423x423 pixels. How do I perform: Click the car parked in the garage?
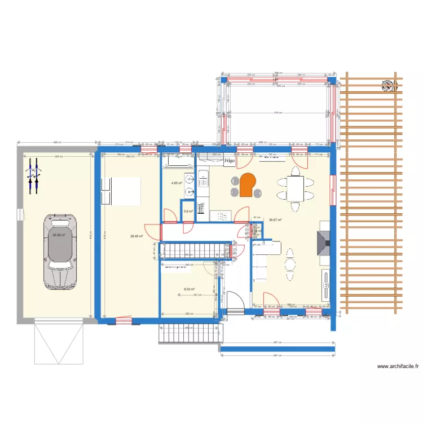[x=60, y=252]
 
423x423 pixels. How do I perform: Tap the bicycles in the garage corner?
[x=33, y=177]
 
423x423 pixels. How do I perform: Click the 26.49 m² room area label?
[x=136, y=237]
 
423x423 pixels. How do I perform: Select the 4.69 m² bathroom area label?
[x=177, y=183]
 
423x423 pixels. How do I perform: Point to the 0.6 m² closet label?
[x=188, y=211]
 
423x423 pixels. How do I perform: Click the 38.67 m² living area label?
[x=275, y=220]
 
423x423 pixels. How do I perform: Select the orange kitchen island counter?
[x=247, y=185]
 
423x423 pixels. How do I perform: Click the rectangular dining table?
[x=295, y=188]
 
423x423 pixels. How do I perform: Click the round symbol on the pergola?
[x=388, y=86]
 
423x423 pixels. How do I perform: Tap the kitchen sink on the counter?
[x=202, y=180]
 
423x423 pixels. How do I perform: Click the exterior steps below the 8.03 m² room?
[x=188, y=333]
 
